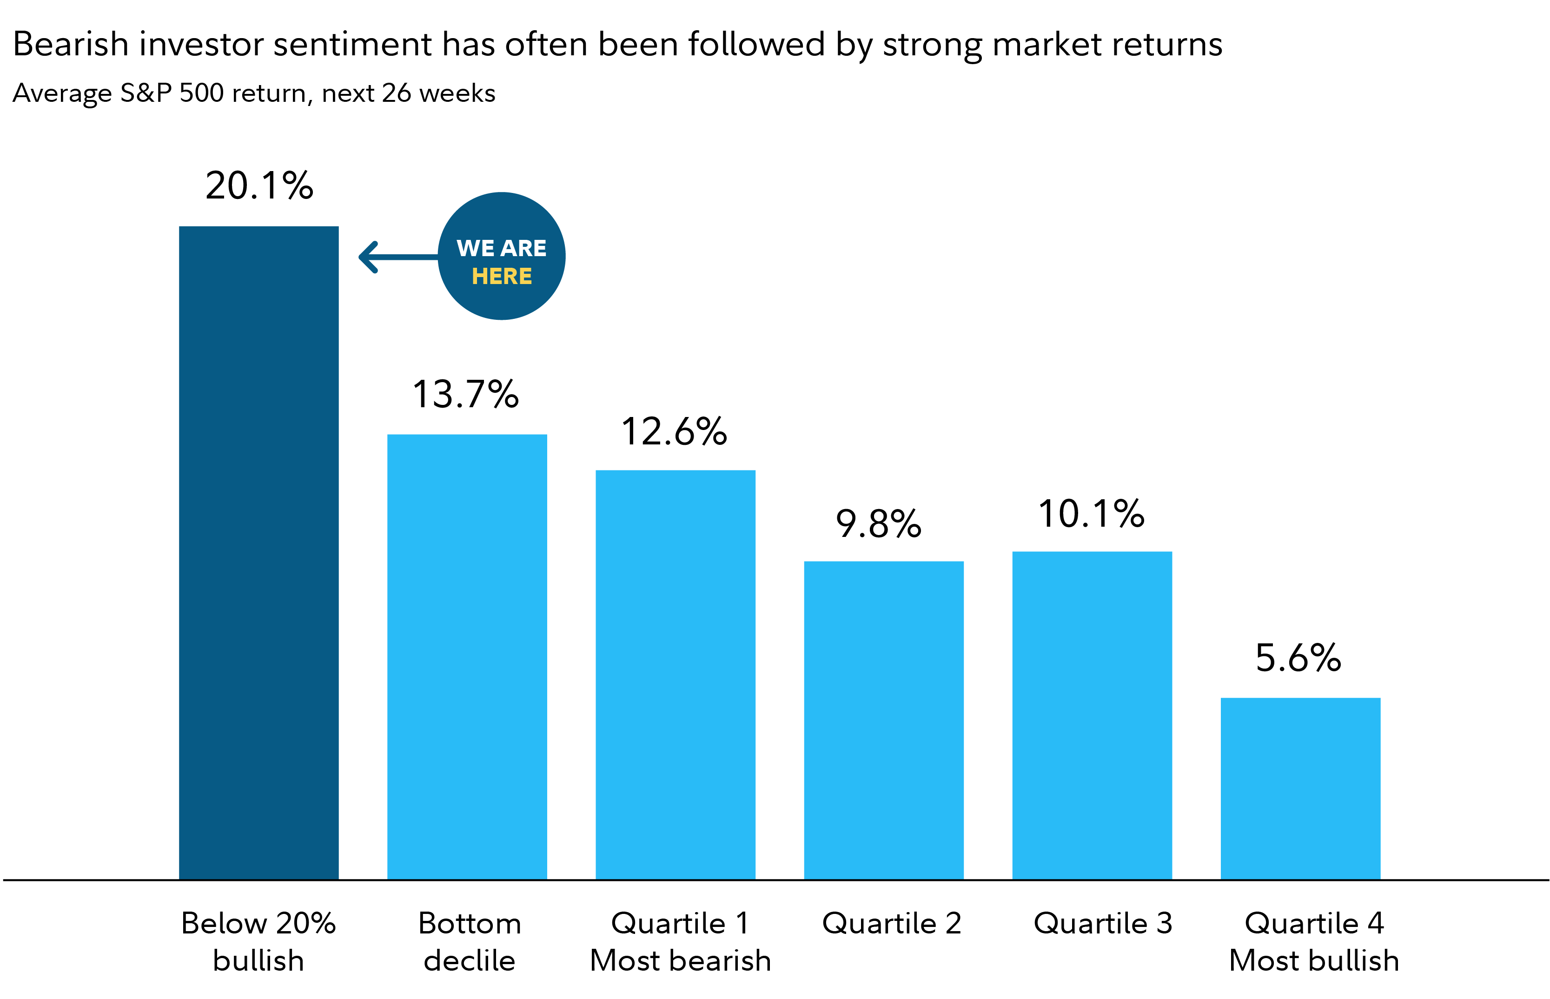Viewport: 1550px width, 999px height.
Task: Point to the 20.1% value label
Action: pos(259,185)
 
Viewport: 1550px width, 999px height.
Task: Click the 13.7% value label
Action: pos(465,394)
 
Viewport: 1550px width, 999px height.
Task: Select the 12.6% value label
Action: pos(674,431)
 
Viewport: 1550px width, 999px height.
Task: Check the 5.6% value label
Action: pos(1298,658)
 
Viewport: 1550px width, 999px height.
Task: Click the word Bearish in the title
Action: pos(70,44)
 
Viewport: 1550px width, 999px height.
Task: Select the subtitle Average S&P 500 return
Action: pos(253,93)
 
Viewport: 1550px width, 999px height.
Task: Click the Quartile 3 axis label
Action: pos(1102,923)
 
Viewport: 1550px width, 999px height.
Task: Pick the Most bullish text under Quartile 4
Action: pos(1313,960)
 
